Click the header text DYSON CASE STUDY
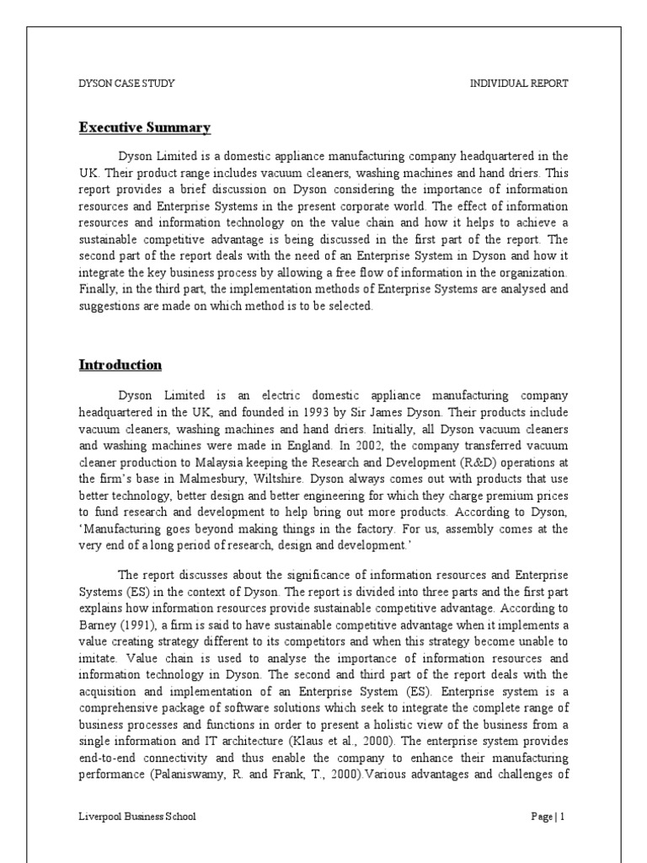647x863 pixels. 126,83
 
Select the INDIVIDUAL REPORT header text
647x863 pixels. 518,83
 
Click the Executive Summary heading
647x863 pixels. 144,128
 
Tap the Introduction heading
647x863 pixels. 120,365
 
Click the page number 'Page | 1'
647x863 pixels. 548,817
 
